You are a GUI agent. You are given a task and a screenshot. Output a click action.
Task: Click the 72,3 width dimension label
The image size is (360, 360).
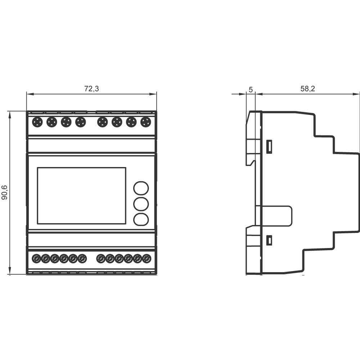(x=91, y=89)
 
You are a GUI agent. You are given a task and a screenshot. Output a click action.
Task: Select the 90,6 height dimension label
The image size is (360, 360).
(x=5, y=193)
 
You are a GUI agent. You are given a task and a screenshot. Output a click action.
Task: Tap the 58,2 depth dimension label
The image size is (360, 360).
(x=307, y=89)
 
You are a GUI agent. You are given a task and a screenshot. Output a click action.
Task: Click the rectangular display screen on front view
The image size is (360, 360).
(x=82, y=195)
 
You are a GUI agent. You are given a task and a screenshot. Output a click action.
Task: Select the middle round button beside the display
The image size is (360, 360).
(x=141, y=204)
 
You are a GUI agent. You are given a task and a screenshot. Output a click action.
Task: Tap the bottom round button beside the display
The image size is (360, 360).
(x=141, y=219)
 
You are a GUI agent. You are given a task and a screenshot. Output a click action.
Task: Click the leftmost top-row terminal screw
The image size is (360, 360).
(x=37, y=122)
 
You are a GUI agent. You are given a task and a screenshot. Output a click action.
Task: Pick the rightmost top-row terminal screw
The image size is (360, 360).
(x=145, y=122)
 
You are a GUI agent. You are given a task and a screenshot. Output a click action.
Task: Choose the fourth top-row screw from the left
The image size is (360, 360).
(x=81, y=122)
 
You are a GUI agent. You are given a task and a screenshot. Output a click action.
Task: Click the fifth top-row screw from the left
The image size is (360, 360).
(x=103, y=122)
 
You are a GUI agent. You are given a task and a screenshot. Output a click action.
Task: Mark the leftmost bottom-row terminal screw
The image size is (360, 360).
(x=36, y=258)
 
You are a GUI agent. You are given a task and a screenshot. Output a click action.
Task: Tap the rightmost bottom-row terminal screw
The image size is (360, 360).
(x=147, y=258)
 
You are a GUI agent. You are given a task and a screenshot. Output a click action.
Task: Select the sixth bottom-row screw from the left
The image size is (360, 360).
(x=82, y=258)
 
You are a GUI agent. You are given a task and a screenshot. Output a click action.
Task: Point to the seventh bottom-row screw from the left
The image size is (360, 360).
(x=101, y=258)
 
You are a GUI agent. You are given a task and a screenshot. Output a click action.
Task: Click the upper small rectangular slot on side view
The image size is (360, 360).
(x=269, y=147)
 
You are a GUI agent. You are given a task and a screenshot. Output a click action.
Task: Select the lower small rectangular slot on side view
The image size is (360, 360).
(x=269, y=240)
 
